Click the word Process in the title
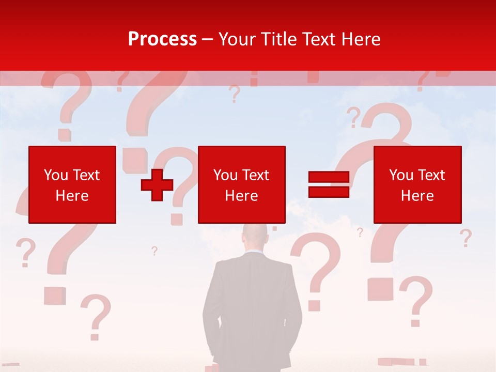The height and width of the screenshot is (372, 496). [x=162, y=39]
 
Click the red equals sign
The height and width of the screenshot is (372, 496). [x=329, y=184]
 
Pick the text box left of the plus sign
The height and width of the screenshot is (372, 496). [x=72, y=184]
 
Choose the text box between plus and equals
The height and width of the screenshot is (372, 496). [x=241, y=184]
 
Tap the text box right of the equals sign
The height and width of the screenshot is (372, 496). [x=417, y=184]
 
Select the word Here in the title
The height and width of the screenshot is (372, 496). [x=360, y=39]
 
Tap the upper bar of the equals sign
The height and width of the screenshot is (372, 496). [x=329, y=177]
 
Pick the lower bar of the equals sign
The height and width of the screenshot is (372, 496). [x=329, y=192]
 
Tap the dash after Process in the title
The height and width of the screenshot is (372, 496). [x=208, y=40]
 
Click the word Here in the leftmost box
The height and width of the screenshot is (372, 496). [x=72, y=196]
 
